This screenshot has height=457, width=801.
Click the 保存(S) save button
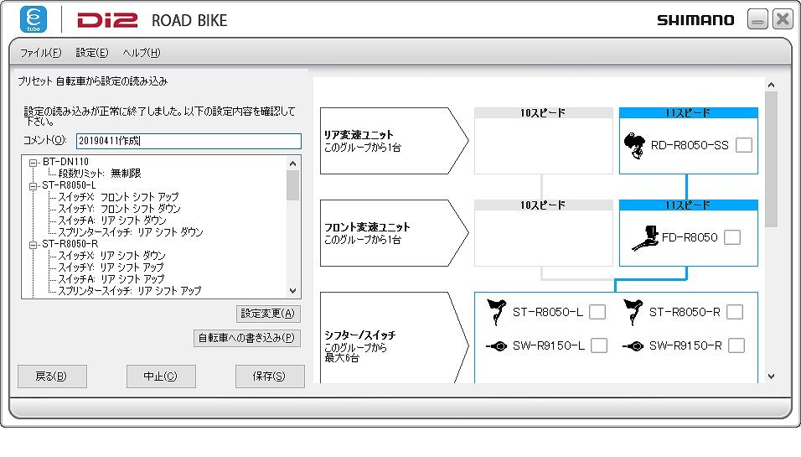coord(270,377)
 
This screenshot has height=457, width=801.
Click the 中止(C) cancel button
coord(161,377)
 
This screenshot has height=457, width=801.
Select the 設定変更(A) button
coord(268,314)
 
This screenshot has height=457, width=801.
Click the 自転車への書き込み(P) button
coord(246,338)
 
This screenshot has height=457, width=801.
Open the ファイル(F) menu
coord(40,53)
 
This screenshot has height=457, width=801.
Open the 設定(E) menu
coord(92,53)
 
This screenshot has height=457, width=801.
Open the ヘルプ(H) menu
coord(142,53)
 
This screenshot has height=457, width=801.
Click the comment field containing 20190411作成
coord(189,141)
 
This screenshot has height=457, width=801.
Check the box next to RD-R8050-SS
coord(744,145)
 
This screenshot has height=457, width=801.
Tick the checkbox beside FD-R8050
coord(732,237)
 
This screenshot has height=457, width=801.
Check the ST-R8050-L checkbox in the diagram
coord(597,312)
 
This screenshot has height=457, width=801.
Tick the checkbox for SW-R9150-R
coord(736,345)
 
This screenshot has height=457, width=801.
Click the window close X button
coord(782,19)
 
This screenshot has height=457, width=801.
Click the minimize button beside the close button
coord(757,19)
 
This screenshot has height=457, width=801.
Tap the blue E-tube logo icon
coord(34,19)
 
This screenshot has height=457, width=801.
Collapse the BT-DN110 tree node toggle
coord(34,163)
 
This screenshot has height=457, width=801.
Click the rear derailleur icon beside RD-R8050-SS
coord(634,145)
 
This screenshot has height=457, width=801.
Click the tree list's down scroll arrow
coord(292,291)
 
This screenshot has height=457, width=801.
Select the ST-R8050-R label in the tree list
coord(70,244)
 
